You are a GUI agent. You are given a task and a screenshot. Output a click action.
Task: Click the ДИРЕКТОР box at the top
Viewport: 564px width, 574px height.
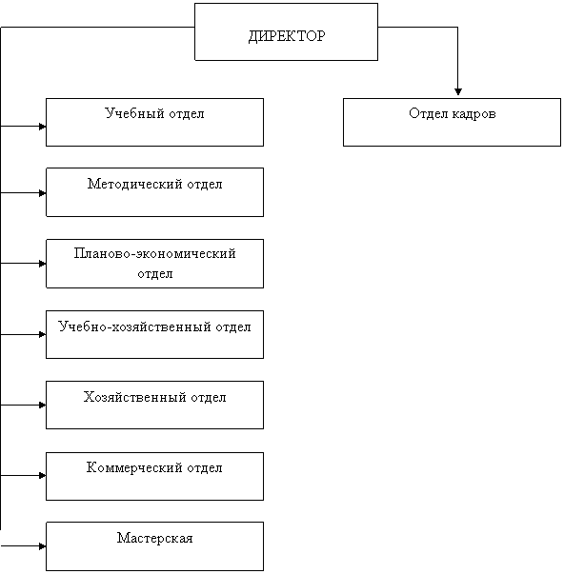point(286,31)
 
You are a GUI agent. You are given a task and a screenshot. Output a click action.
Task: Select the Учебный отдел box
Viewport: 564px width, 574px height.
point(154,122)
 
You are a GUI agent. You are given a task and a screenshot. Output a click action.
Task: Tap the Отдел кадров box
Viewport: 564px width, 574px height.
point(452,122)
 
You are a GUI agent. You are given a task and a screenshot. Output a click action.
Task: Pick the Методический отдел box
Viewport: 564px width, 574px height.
point(154,192)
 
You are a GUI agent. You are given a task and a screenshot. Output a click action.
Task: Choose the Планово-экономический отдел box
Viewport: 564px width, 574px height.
point(154,264)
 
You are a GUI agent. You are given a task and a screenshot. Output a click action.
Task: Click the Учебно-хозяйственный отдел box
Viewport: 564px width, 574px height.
point(154,334)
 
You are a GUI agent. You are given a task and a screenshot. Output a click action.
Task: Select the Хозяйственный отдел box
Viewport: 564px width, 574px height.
point(154,405)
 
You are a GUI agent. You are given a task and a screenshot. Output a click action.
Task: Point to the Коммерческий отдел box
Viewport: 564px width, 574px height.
point(154,476)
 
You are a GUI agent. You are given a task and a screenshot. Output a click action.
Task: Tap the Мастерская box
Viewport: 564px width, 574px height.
point(154,546)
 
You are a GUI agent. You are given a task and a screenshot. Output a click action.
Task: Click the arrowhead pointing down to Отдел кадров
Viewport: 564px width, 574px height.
point(457,91)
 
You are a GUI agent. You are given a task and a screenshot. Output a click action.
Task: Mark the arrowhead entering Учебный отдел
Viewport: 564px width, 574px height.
point(43,127)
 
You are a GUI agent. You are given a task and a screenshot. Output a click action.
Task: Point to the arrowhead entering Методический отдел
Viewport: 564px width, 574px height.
point(43,193)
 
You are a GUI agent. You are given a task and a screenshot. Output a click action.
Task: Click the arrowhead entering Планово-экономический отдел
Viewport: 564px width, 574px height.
point(43,264)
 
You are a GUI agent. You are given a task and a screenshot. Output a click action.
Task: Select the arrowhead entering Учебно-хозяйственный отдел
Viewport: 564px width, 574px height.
point(43,334)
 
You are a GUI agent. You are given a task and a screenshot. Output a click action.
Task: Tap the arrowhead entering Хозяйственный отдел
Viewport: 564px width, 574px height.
point(43,406)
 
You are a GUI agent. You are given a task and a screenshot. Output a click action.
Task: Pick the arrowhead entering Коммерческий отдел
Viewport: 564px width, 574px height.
point(43,476)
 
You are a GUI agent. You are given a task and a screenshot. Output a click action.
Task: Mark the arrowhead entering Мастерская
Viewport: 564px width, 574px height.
point(43,546)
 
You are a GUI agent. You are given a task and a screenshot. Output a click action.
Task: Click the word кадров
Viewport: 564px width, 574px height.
point(473,114)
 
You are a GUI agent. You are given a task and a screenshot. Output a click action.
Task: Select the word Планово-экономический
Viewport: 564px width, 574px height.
point(154,253)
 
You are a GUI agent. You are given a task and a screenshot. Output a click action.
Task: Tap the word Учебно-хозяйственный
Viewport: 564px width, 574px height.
point(134,327)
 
